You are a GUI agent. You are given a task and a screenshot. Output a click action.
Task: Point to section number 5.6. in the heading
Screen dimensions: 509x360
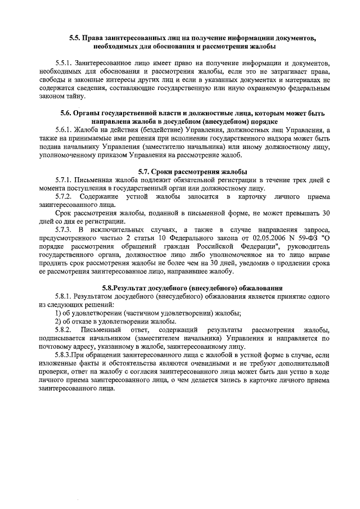point(69,113)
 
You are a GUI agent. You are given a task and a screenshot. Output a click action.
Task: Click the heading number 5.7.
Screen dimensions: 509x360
point(147,171)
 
